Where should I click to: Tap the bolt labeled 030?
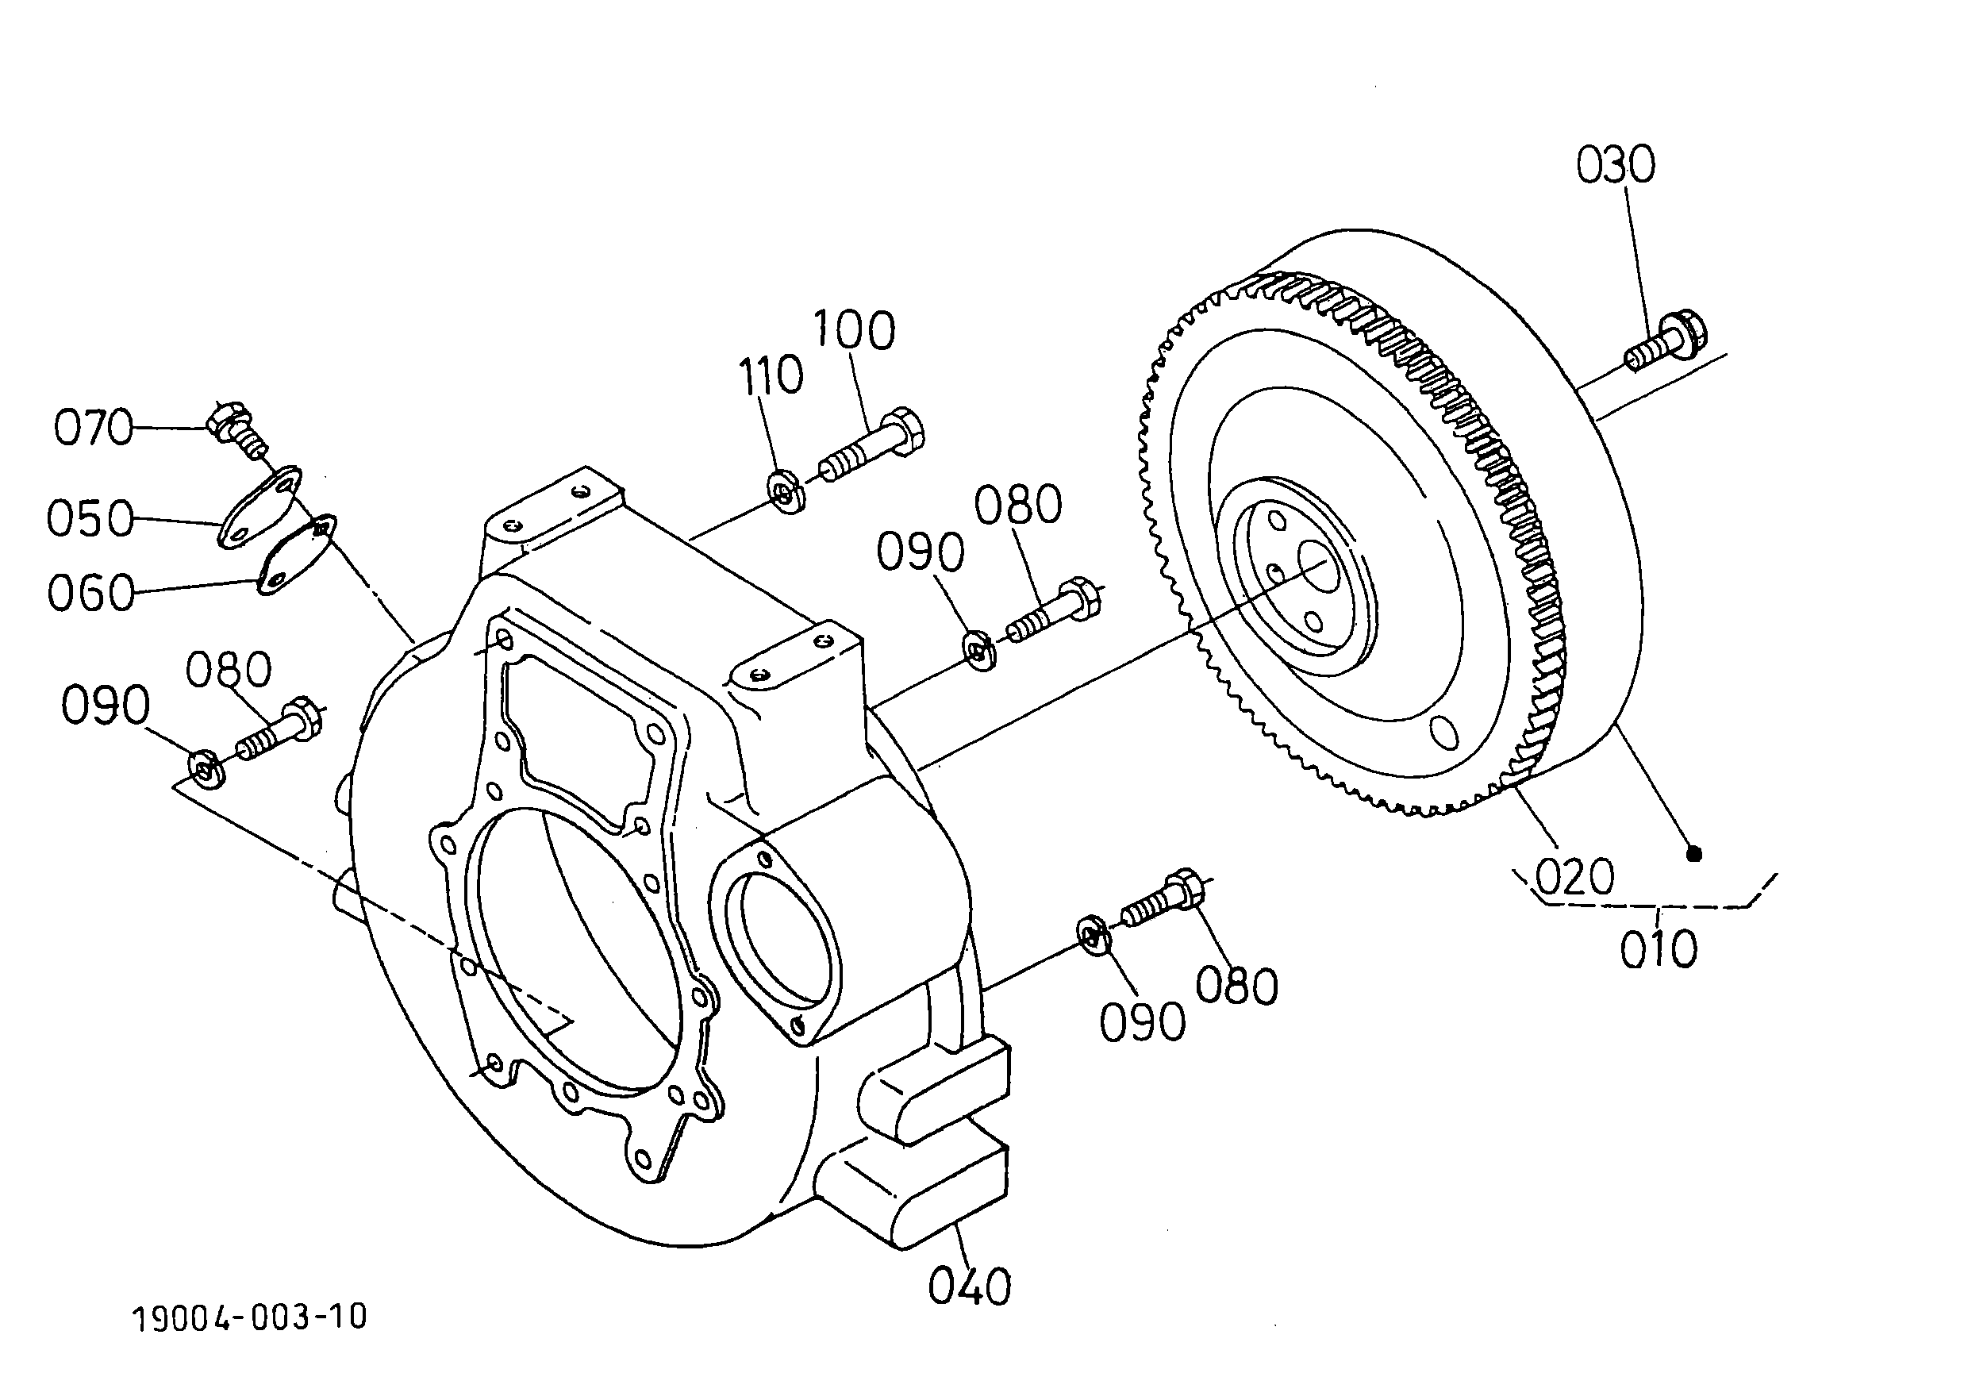click(1666, 342)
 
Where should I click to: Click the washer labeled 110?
click(786, 493)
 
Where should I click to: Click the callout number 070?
click(93, 427)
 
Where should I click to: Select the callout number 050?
click(90, 518)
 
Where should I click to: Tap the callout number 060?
click(90, 593)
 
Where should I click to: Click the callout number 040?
click(969, 1287)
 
